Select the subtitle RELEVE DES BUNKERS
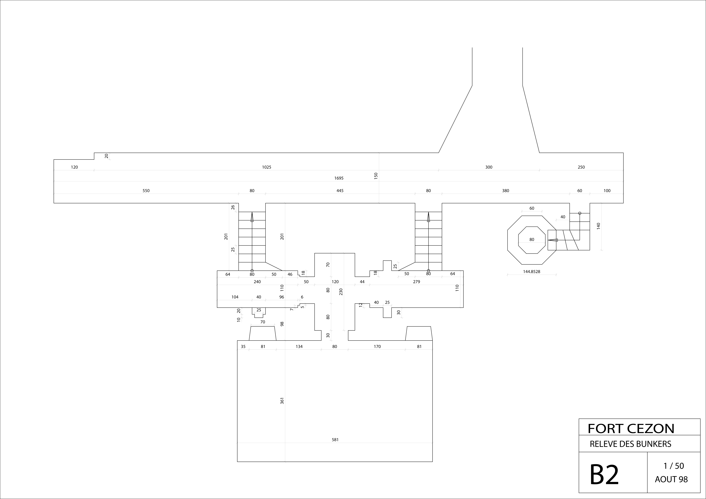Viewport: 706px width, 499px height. coord(630,444)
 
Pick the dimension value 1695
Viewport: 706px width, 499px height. coord(339,178)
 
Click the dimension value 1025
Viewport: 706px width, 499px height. coord(267,167)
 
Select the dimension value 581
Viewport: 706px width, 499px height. coord(335,440)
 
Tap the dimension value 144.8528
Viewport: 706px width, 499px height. coord(532,272)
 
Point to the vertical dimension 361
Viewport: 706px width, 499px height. coord(282,401)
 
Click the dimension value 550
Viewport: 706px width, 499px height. coord(146,191)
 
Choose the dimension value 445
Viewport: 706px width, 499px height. coord(340,191)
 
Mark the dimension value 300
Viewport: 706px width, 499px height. coord(489,167)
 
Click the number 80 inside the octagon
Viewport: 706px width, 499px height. coord(532,240)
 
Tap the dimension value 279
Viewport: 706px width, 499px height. coord(416,282)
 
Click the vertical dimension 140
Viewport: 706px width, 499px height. coord(598,226)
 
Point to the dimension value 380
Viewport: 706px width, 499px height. coord(506,191)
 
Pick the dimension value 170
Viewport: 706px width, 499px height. coord(377,347)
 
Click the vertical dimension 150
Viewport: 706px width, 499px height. coord(376,176)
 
